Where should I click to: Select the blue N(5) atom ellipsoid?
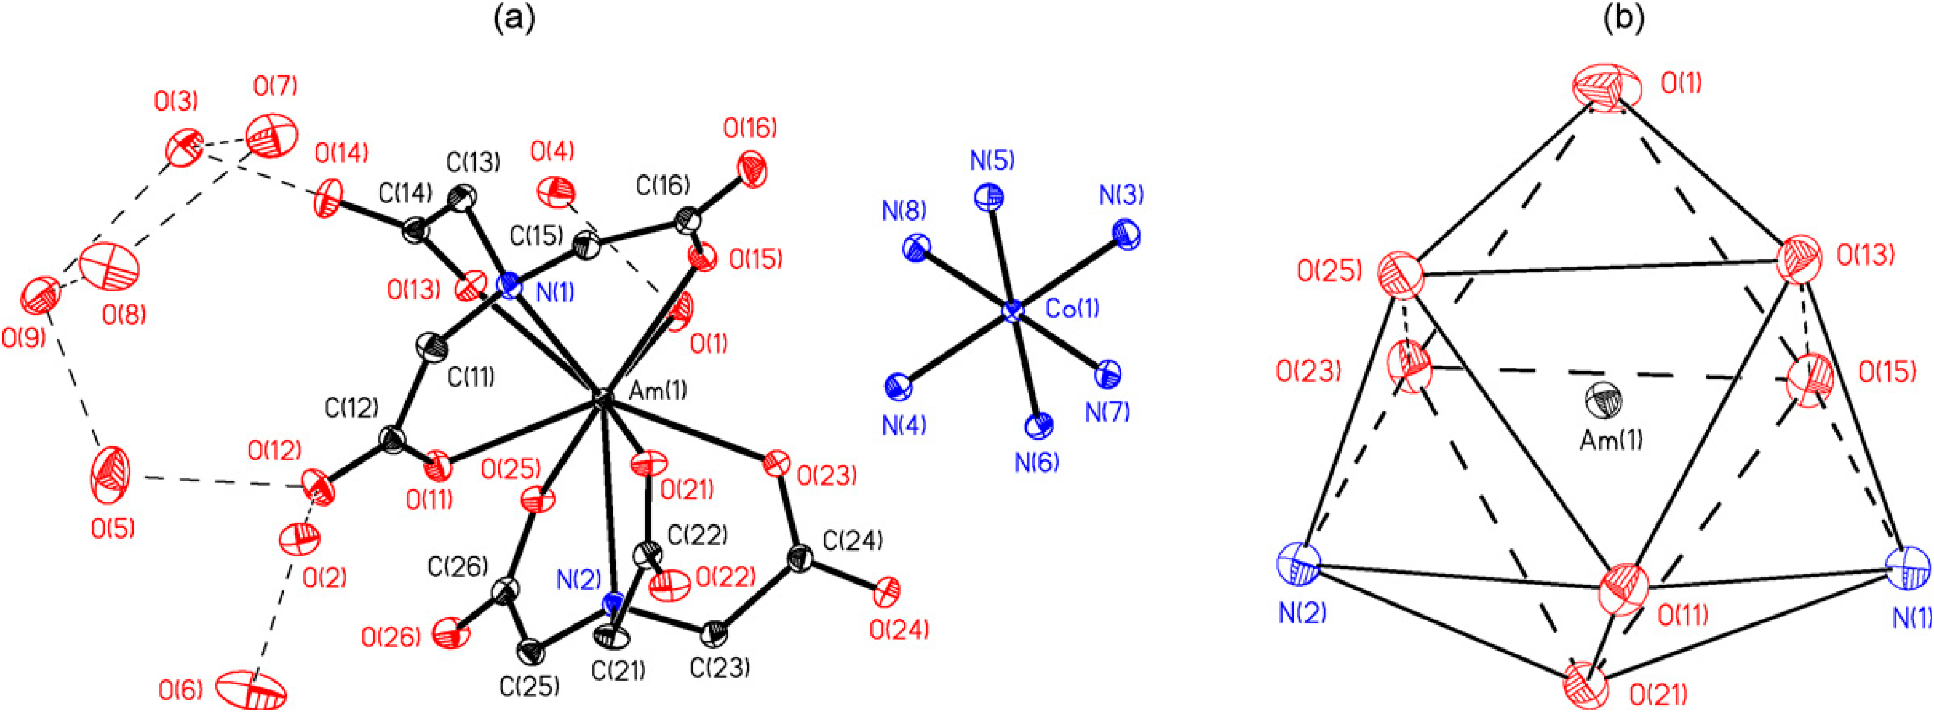click(989, 198)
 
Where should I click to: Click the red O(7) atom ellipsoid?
click(272, 135)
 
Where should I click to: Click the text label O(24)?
click(899, 629)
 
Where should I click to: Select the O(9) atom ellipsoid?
click(41, 296)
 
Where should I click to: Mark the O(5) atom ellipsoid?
click(110, 475)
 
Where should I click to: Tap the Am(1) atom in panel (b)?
click(1605, 399)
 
